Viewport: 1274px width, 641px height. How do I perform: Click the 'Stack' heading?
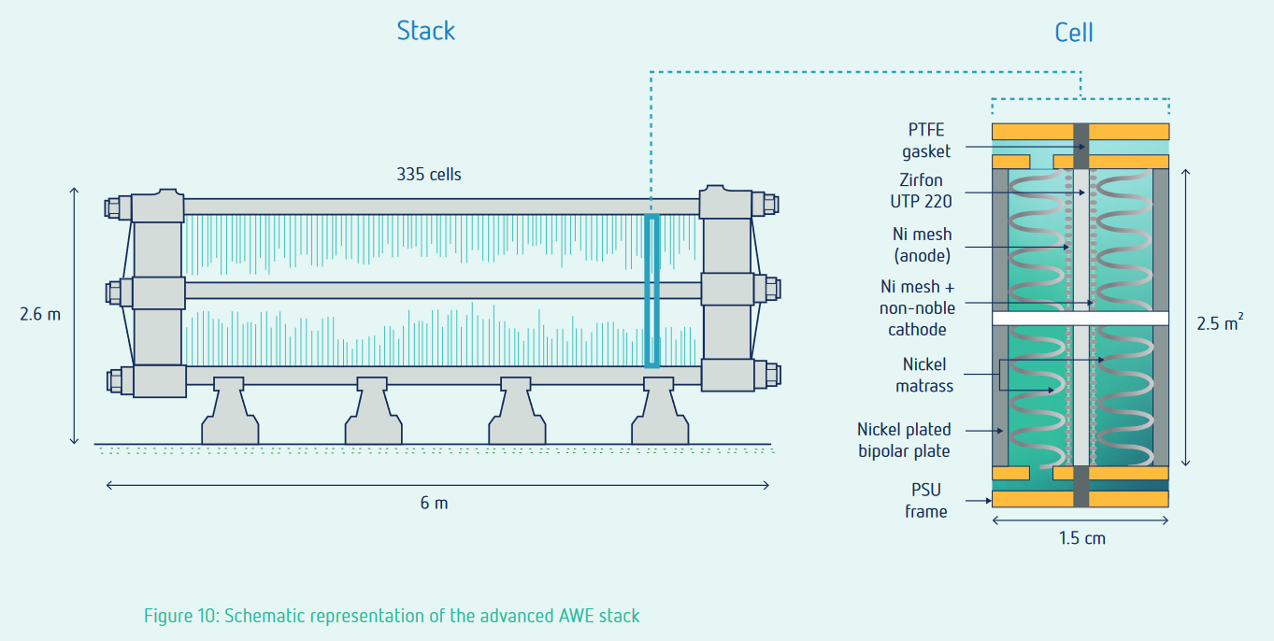[425, 30]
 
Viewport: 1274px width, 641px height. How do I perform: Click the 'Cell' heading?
[1073, 33]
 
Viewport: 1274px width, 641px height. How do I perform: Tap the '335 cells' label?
[429, 174]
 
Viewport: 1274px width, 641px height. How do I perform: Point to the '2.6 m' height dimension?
[40, 314]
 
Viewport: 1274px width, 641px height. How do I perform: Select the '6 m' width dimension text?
[434, 503]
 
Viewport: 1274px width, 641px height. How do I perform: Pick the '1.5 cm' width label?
[1081, 537]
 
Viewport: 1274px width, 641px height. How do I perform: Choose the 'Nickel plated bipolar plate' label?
[904, 440]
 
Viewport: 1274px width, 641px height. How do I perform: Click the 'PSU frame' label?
[925, 500]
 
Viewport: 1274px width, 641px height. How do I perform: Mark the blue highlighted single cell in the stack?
[651, 291]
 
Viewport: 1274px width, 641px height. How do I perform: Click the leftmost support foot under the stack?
[230, 412]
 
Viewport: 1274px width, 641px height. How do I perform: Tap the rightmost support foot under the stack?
[660, 412]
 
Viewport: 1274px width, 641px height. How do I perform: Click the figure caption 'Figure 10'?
[391, 616]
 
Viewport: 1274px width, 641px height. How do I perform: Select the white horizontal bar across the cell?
[1080, 319]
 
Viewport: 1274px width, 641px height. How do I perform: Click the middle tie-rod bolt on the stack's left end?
[115, 292]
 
